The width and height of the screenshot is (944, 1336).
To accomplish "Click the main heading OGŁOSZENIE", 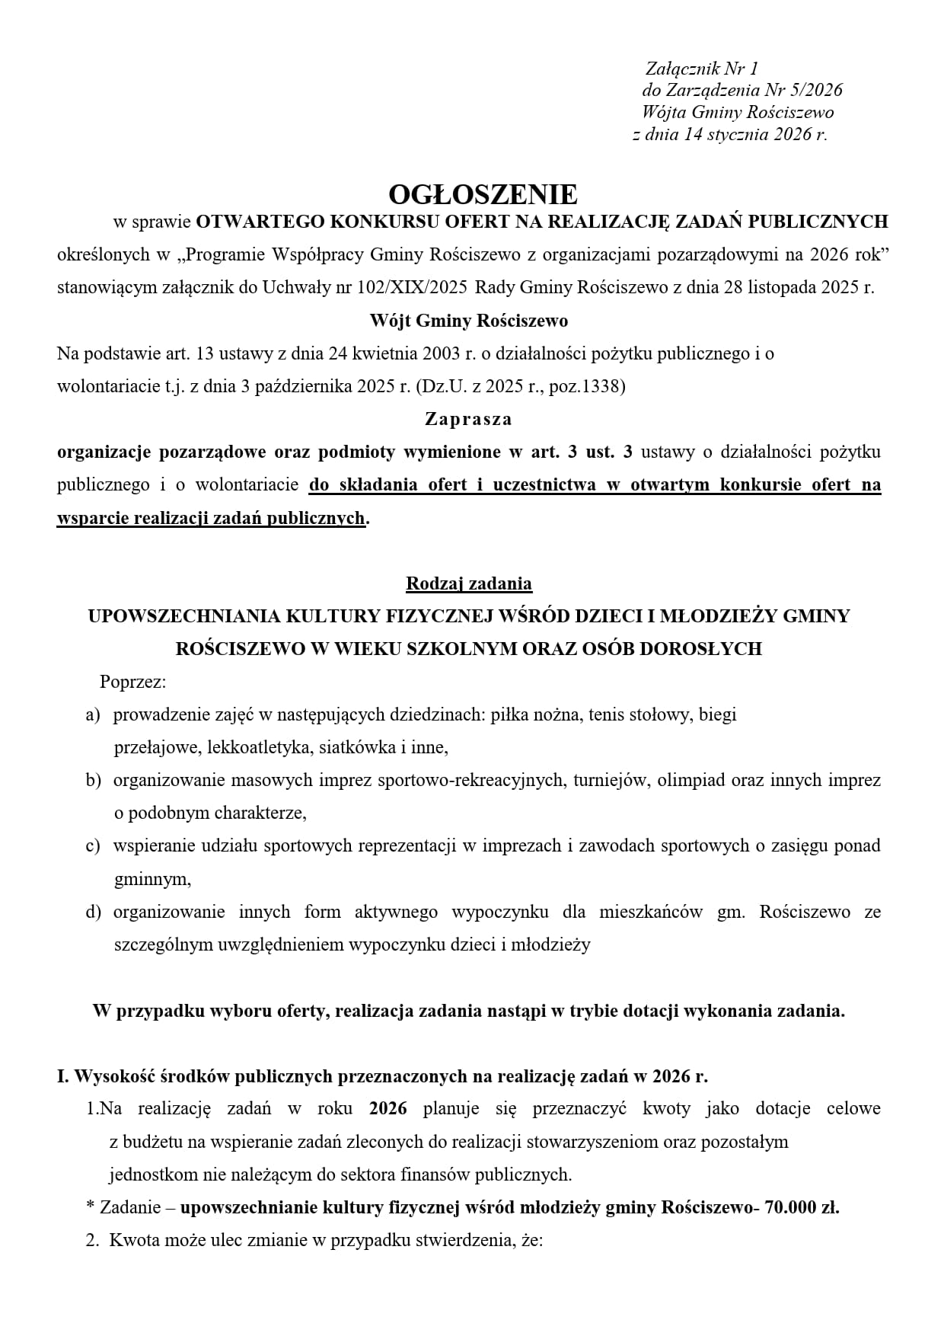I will (483, 194).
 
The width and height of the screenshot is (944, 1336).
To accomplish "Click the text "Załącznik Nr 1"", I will (702, 69).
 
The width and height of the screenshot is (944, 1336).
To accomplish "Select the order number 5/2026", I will (817, 90).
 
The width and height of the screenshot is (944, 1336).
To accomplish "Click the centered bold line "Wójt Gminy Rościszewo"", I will (469, 321).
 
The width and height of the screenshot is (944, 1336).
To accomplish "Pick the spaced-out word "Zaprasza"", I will (469, 419).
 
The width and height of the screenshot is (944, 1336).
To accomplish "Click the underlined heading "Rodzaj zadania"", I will (469, 583).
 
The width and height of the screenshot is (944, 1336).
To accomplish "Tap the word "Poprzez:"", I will (132, 682).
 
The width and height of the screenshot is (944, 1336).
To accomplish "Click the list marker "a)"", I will (93, 714).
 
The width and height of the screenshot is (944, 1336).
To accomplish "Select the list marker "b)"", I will (93, 780).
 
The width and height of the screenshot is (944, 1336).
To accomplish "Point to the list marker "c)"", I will (93, 845).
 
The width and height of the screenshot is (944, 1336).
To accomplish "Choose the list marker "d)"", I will (93, 912).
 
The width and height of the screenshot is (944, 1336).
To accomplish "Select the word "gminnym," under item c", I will (152, 879).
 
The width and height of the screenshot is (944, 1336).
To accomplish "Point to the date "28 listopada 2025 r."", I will (810, 288).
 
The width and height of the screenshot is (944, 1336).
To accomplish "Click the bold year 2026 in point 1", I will (387, 1108).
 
